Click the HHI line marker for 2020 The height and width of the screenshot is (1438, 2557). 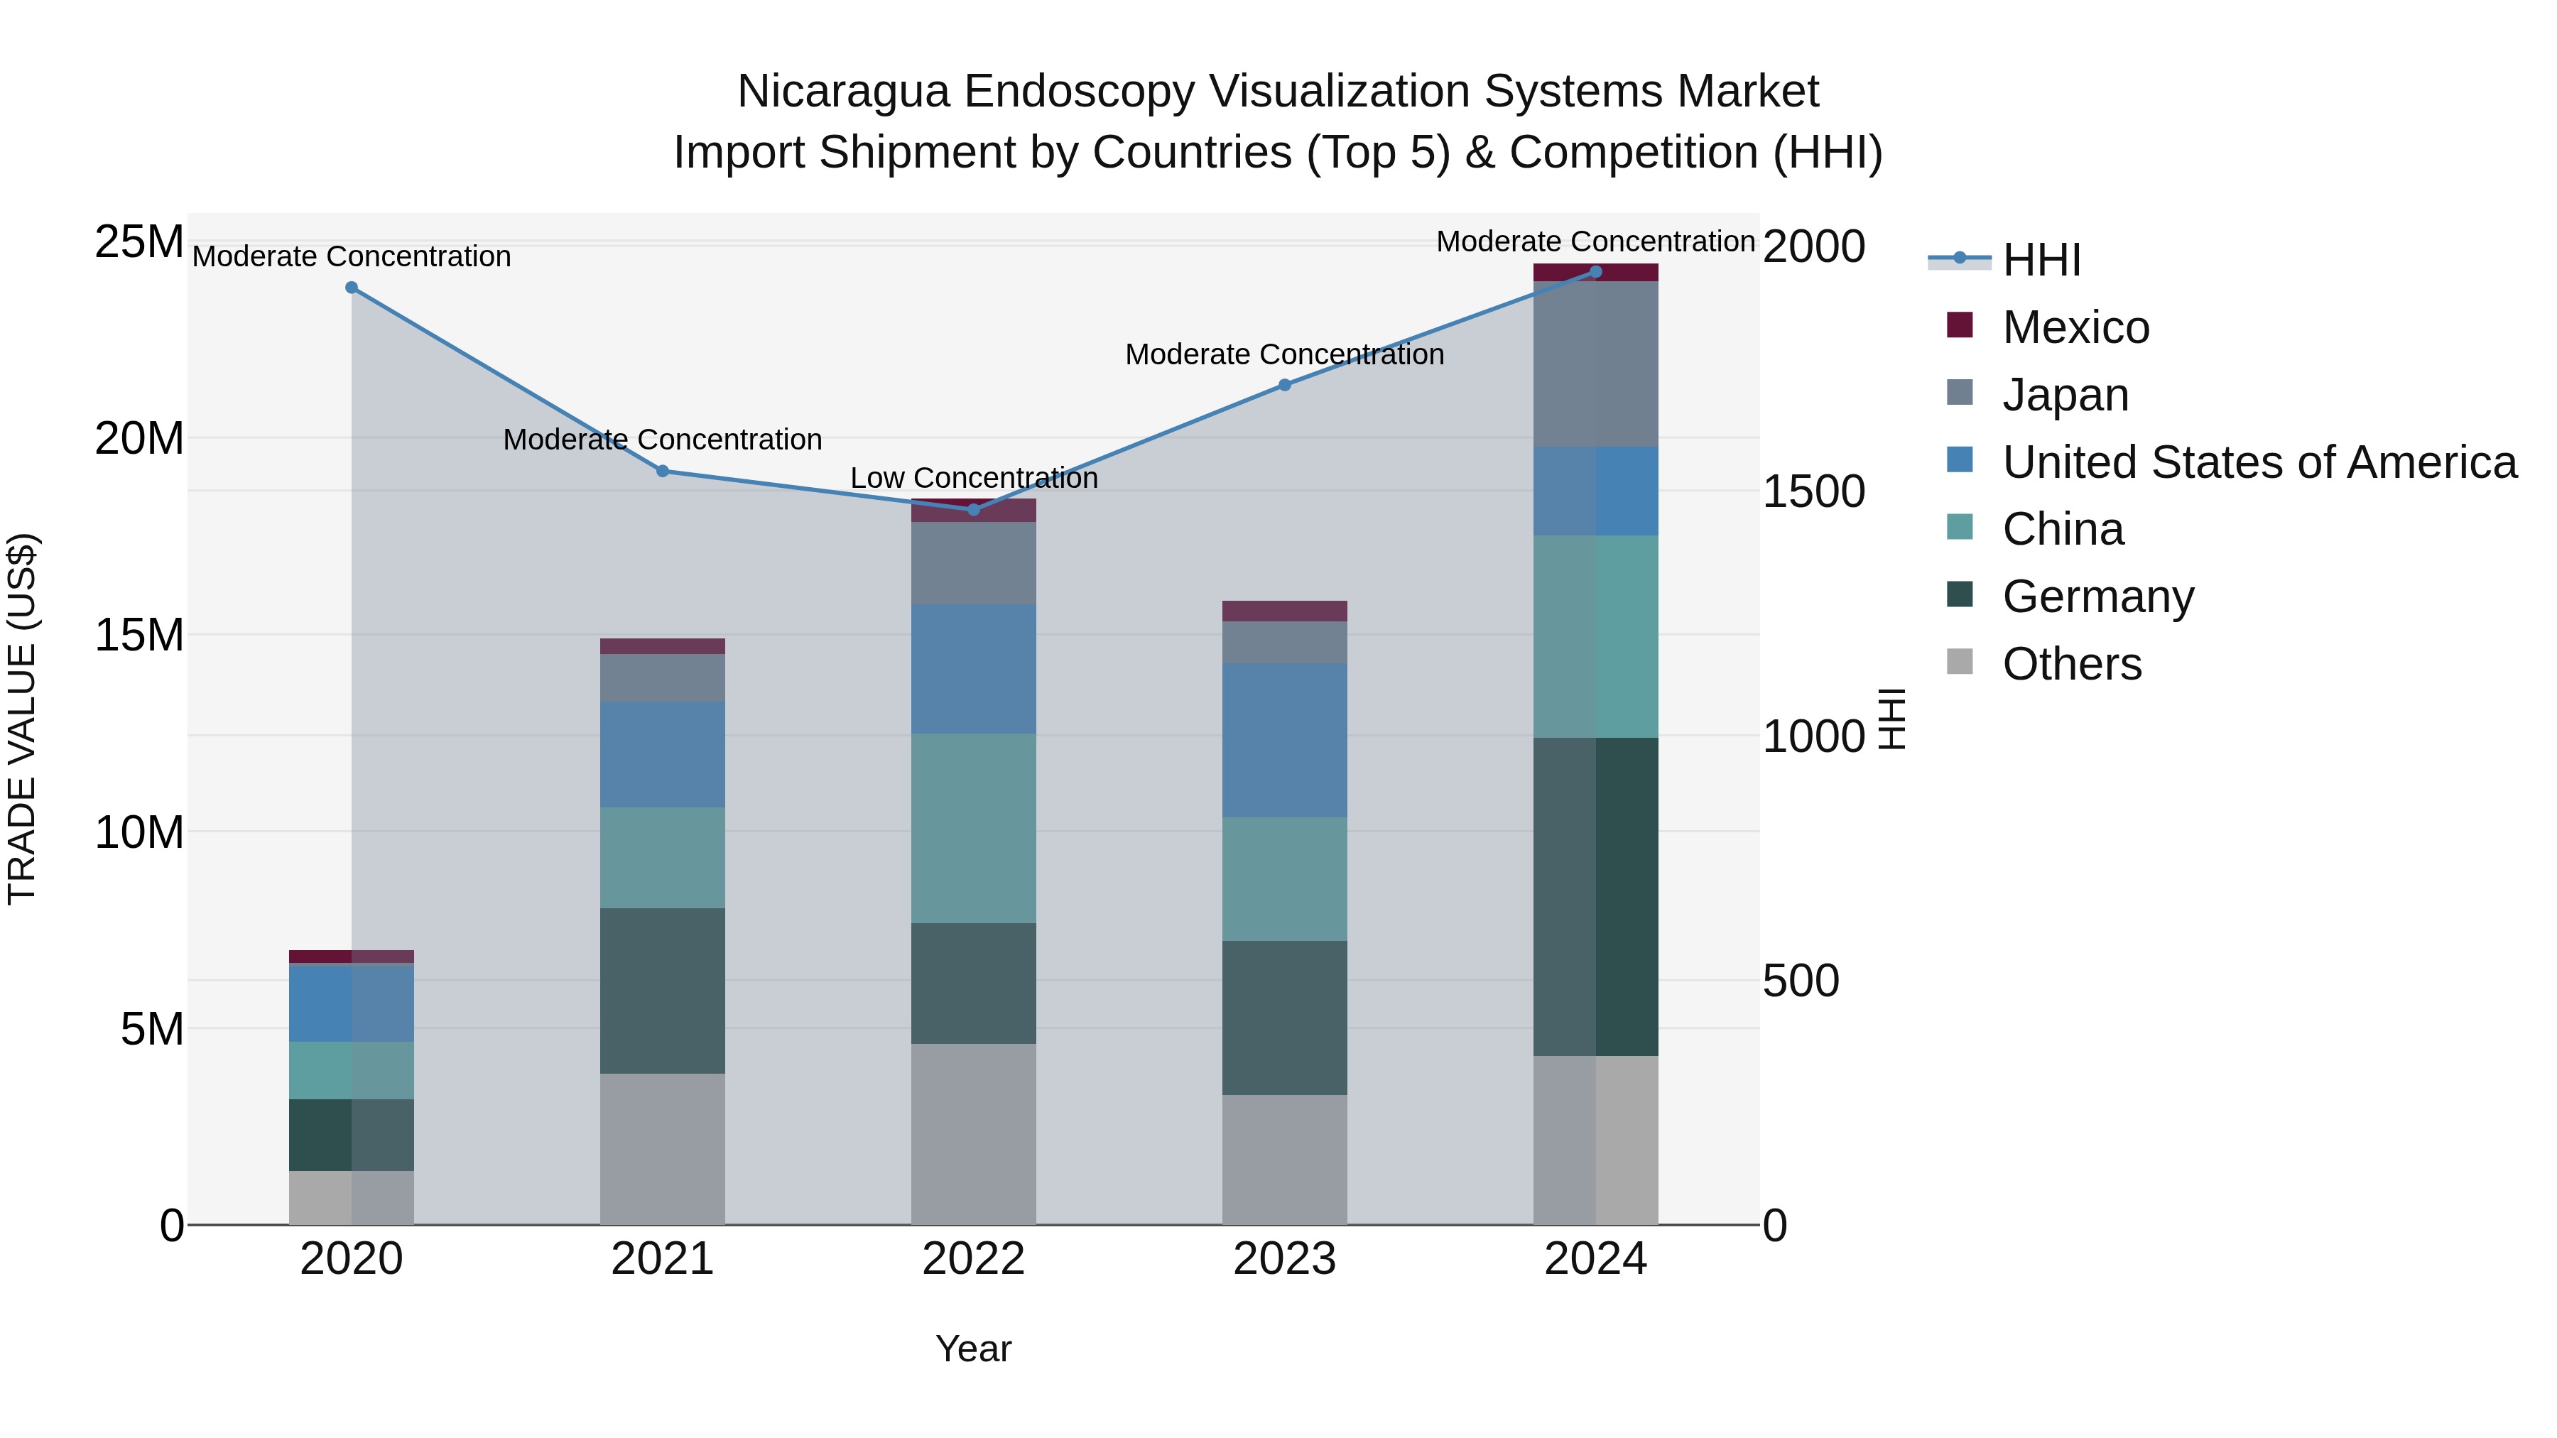(x=352, y=288)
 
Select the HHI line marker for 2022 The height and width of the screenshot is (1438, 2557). (x=974, y=510)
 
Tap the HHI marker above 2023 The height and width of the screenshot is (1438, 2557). (x=1284, y=385)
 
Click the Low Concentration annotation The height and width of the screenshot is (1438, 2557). (x=974, y=479)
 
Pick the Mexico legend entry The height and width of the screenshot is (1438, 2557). (x=2075, y=327)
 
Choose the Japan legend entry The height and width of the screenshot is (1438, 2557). (x=2065, y=395)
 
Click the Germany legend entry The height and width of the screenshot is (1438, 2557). (x=2097, y=597)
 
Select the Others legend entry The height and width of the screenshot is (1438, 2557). (x=2072, y=664)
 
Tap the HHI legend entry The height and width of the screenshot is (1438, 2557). (x=2041, y=260)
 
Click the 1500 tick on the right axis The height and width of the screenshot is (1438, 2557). (x=1813, y=492)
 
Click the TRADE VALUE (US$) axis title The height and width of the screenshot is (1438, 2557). (x=22, y=719)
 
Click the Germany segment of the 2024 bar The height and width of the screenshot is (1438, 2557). (x=1595, y=896)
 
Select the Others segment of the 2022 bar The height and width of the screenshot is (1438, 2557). (x=974, y=1134)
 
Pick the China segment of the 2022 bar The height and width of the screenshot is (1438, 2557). (x=974, y=829)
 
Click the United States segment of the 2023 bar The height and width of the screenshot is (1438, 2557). (x=1284, y=741)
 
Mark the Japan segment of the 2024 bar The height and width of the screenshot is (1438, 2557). (x=1595, y=364)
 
